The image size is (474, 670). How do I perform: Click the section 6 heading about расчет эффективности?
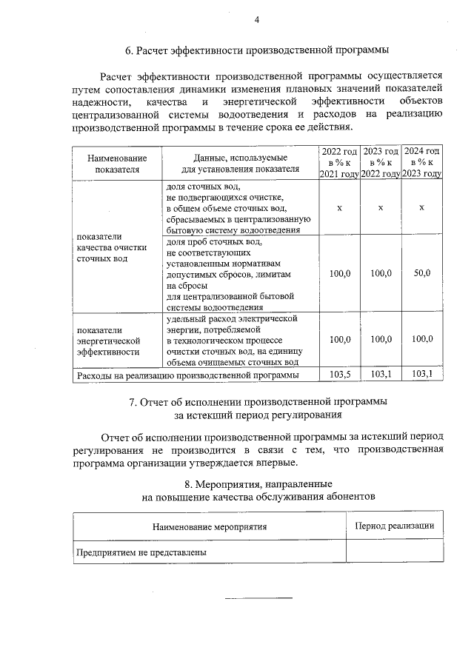257,51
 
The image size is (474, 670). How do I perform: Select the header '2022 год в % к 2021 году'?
339,162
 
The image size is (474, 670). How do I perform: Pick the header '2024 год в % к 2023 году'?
421,162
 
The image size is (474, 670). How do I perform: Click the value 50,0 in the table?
421,274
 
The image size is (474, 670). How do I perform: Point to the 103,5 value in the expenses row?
339,375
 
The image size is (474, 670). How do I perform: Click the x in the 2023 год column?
380,208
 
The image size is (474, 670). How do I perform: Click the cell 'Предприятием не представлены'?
141,552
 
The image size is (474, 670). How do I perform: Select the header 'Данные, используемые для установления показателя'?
241,163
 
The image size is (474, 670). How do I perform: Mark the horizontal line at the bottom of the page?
258,597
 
